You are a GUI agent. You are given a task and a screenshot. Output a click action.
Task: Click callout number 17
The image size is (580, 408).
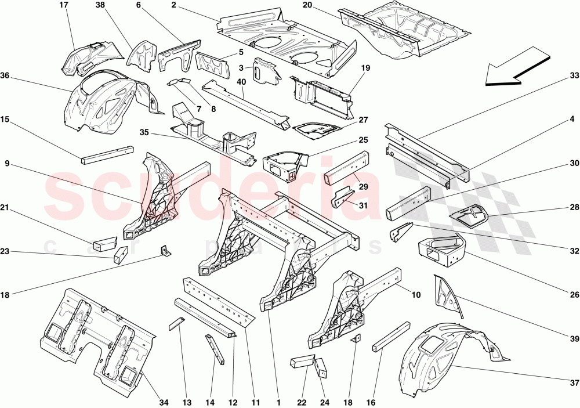tap(64, 5)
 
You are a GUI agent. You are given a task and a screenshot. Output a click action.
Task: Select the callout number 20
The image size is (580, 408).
tap(307, 5)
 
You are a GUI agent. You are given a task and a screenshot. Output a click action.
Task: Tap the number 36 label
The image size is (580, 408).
tap(5, 76)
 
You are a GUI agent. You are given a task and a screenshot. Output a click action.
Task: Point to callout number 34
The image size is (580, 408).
tap(164, 402)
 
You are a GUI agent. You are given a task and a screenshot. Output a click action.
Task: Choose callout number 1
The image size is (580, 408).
tap(278, 402)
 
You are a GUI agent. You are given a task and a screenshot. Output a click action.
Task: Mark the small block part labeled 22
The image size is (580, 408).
tap(301, 362)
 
